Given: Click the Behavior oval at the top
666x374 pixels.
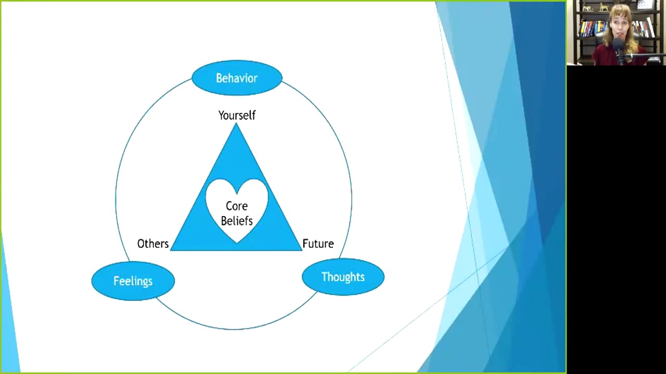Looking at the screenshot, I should point(237,78).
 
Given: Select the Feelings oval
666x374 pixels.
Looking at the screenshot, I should point(133,281).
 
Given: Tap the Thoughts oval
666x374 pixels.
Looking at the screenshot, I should point(343,277).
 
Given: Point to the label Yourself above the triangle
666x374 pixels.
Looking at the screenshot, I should point(237,115).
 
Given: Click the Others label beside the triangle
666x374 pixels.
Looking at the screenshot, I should point(152,244).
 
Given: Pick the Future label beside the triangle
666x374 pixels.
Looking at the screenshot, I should point(318,244).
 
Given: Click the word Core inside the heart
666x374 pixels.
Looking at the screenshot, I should point(237,206).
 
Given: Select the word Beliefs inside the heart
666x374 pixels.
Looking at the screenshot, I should point(237,221).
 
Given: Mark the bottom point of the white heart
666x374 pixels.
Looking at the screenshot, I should point(237,242).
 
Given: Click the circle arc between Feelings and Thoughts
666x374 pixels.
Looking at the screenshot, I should point(234,329).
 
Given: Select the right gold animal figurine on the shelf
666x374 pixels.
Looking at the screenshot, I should point(604,7).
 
